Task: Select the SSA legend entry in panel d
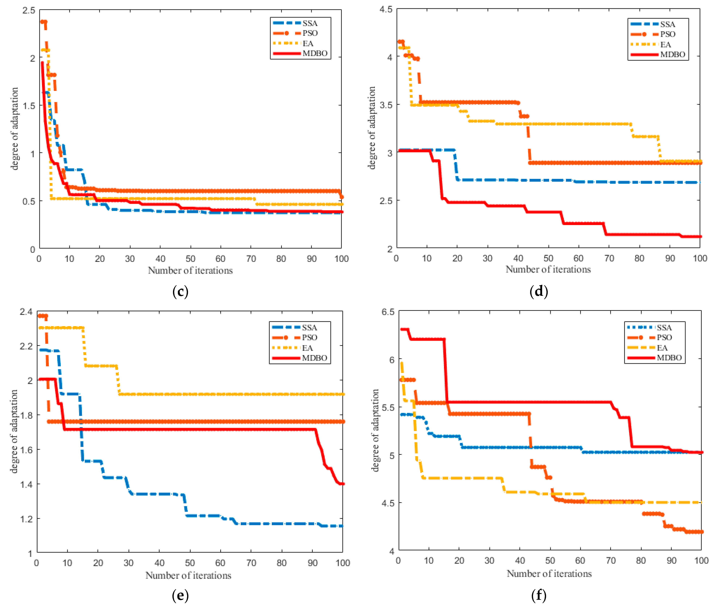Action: point(667,24)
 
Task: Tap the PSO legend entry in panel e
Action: point(309,338)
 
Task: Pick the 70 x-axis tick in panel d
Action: point(609,258)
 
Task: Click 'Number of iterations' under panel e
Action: point(188,575)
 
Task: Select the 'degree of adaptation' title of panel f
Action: point(375,430)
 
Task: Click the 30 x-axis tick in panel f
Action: point(489,561)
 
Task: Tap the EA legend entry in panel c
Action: point(308,43)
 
